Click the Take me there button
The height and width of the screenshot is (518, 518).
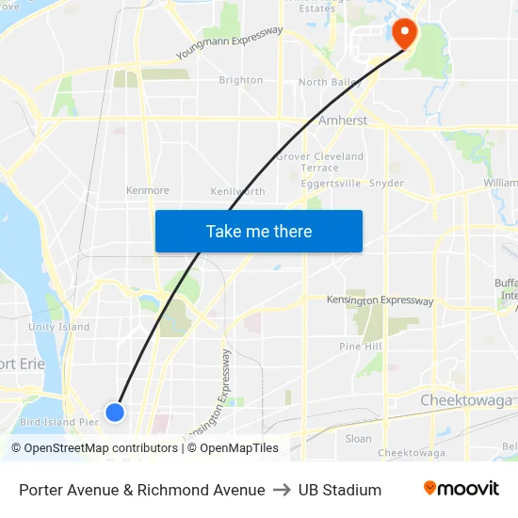point(258,231)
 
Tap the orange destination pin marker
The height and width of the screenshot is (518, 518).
point(405,34)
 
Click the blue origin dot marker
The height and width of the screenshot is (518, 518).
point(115,412)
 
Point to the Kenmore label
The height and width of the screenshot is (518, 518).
point(148,190)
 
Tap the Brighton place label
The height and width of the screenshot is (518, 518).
point(240,81)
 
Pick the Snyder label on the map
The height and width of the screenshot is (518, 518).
point(386,184)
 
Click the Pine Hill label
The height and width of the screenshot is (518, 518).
point(360,347)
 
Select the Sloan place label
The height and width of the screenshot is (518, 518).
point(358,438)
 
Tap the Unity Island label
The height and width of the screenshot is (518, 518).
point(58,327)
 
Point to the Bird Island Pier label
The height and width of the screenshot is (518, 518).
point(58,422)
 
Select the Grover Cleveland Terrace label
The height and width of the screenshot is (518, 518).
point(320,162)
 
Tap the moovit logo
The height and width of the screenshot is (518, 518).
point(461,489)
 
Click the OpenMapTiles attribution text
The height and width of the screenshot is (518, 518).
point(238,448)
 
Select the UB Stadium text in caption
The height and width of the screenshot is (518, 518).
point(339,490)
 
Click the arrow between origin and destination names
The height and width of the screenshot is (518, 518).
point(282,490)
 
